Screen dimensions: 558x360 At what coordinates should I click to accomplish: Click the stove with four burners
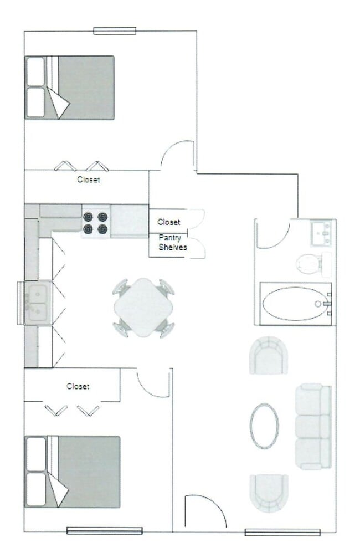(96, 222)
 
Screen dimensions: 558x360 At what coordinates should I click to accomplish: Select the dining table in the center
(143, 308)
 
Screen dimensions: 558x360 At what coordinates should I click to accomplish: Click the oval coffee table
(264, 426)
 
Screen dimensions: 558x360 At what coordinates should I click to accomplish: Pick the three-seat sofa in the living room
(313, 426)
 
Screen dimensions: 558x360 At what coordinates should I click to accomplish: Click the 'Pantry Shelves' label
(173, 243)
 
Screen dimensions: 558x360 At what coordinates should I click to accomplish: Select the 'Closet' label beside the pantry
(169, 222)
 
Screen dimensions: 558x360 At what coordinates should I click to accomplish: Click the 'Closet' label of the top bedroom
(89, 180)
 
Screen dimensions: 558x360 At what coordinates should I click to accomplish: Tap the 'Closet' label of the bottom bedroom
(78, 386)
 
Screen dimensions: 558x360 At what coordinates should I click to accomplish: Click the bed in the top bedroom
(70, 87)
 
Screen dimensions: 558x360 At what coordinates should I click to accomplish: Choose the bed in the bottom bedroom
(73, 472)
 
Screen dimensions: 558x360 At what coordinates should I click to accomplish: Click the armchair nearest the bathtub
(269, 355)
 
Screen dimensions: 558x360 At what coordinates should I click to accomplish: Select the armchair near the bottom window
(269, 493)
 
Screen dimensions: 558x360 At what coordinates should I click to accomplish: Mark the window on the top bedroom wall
(115, 31)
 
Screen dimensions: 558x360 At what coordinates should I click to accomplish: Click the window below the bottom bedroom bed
(105, 531)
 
